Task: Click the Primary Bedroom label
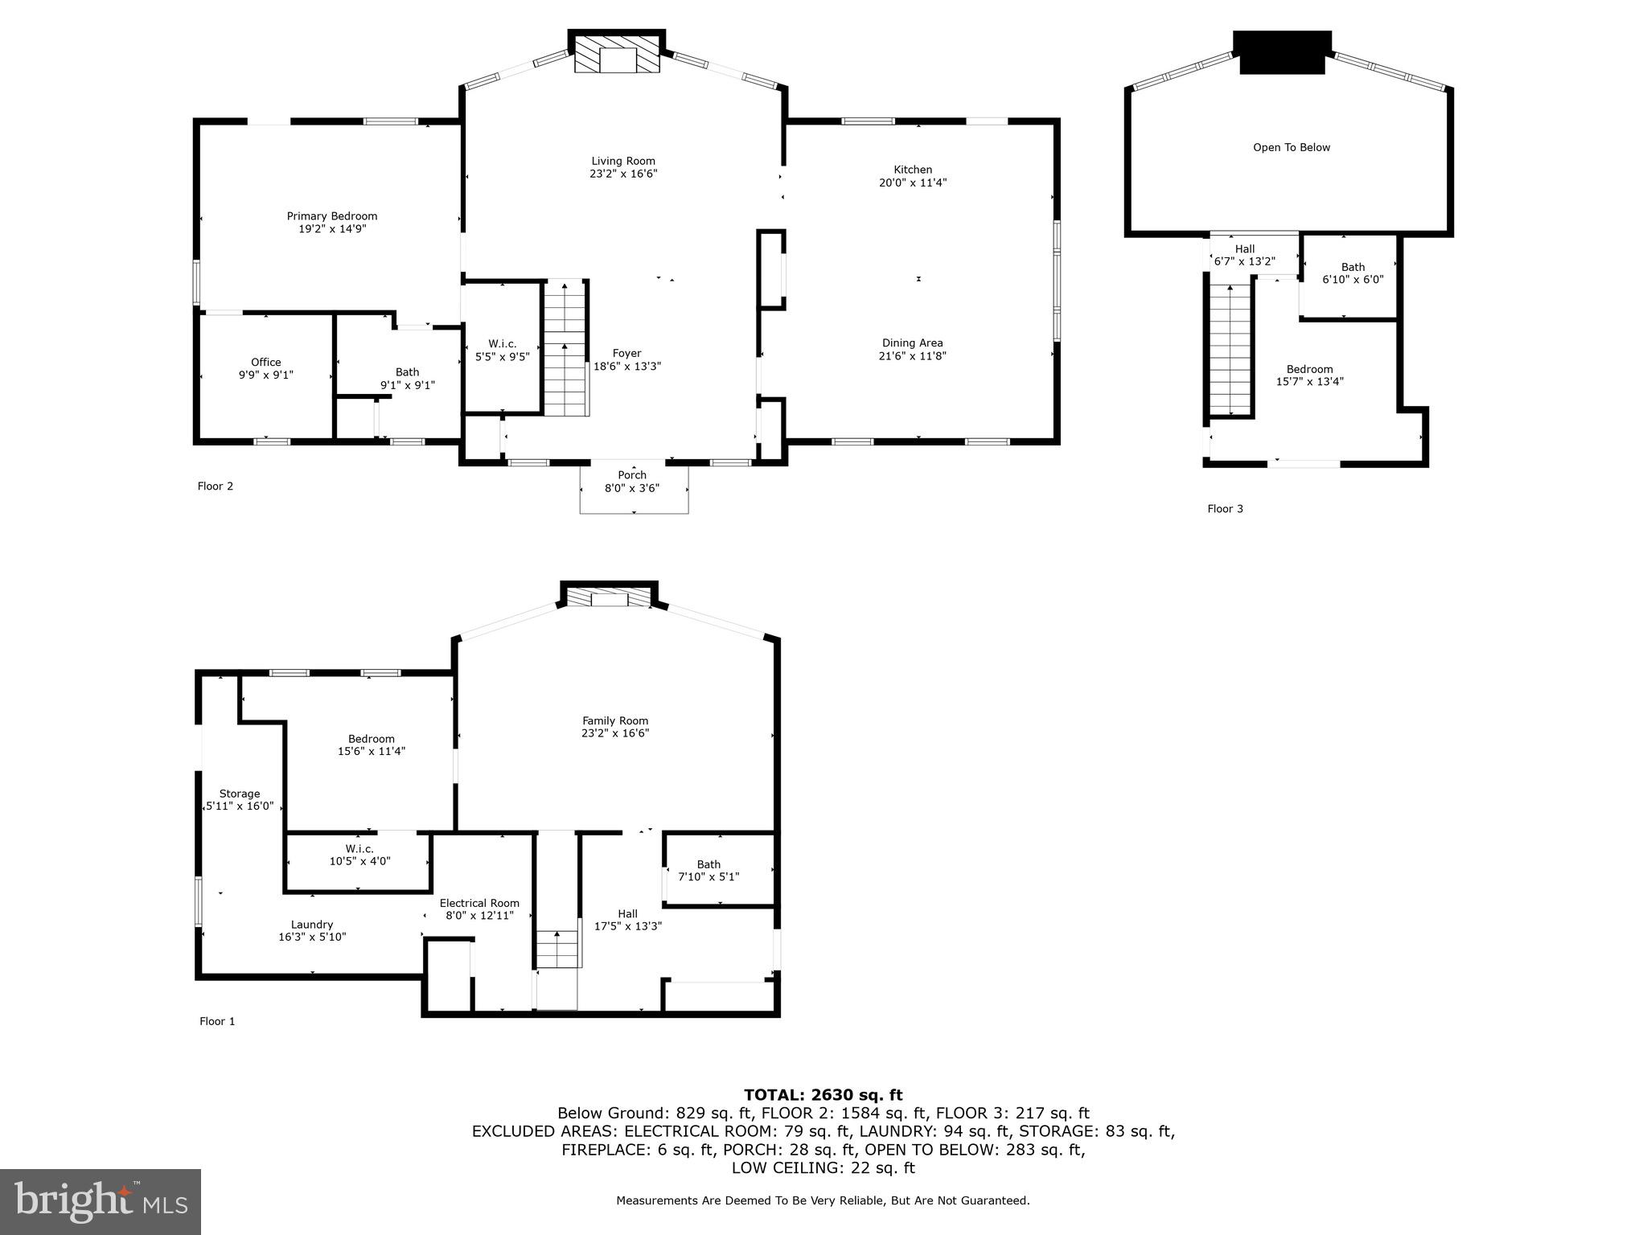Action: [332, 216]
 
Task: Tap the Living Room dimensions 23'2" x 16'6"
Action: [623, 174]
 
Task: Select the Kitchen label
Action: [913, 170]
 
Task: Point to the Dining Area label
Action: [912, 343]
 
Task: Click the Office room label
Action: [266, 363]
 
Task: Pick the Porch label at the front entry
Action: [632, 475]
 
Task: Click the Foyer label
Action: [627, 354]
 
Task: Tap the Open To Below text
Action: [1292, 148]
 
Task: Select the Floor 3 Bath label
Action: [1353, 268]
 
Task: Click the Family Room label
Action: [615, 721]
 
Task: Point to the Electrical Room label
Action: [479, 903]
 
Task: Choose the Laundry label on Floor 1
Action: [312, 925]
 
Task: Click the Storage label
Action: [240, 794]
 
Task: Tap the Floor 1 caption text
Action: [217, 1021]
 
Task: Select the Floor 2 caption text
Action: [216, 486]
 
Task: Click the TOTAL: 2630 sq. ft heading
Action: [823, 1094]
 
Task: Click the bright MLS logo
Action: [101, 1201]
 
